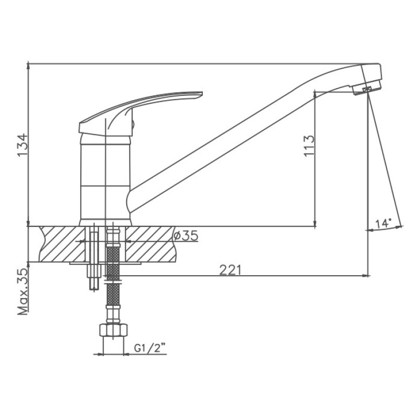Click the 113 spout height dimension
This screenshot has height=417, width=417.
pyautogui.click(x=309, y=146)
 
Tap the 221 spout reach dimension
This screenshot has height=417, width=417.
pyautogui.click(x=230, y=270)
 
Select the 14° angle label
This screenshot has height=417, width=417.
pyautogui.click(x=383, y=224)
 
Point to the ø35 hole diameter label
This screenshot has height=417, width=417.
pyautogui.click(x=186, y=236)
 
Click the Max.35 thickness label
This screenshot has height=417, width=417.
pyautogui.click(x=23, y=291)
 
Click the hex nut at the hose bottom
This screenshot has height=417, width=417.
pyautogui.click(x=113, y=330)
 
